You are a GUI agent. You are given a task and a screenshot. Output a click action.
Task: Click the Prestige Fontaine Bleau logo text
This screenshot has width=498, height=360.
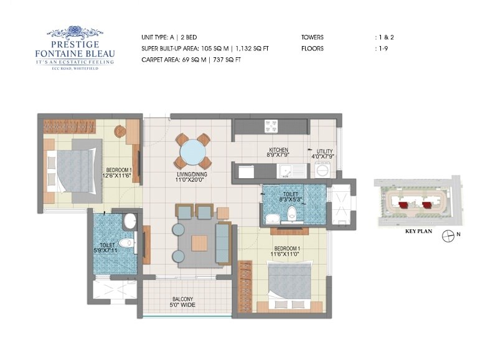[x=75, y=49]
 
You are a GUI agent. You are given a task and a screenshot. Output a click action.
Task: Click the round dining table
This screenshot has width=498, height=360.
[x=192, y=151]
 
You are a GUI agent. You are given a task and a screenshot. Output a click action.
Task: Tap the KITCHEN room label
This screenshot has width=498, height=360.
[x=278, y=150]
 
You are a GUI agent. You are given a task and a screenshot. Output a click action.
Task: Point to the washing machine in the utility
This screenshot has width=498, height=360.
[x=322, y=169]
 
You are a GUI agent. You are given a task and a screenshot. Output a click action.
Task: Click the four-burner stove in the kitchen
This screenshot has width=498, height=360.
[x=271, y=126]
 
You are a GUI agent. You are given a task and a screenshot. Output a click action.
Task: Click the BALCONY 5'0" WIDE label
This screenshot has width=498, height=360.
[x=183, y=302]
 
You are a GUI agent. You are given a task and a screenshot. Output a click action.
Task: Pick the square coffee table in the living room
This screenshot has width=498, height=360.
[x=199, y=243]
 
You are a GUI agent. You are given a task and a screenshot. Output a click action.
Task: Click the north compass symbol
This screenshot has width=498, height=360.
[x=448, y=236]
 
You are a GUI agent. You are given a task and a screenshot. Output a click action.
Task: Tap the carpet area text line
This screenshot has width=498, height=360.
[x=191, y=60]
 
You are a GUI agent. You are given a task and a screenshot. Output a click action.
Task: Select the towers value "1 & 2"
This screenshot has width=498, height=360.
[x=384, y=37]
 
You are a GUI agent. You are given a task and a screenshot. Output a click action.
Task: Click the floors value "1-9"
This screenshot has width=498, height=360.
[x=381, y=49]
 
